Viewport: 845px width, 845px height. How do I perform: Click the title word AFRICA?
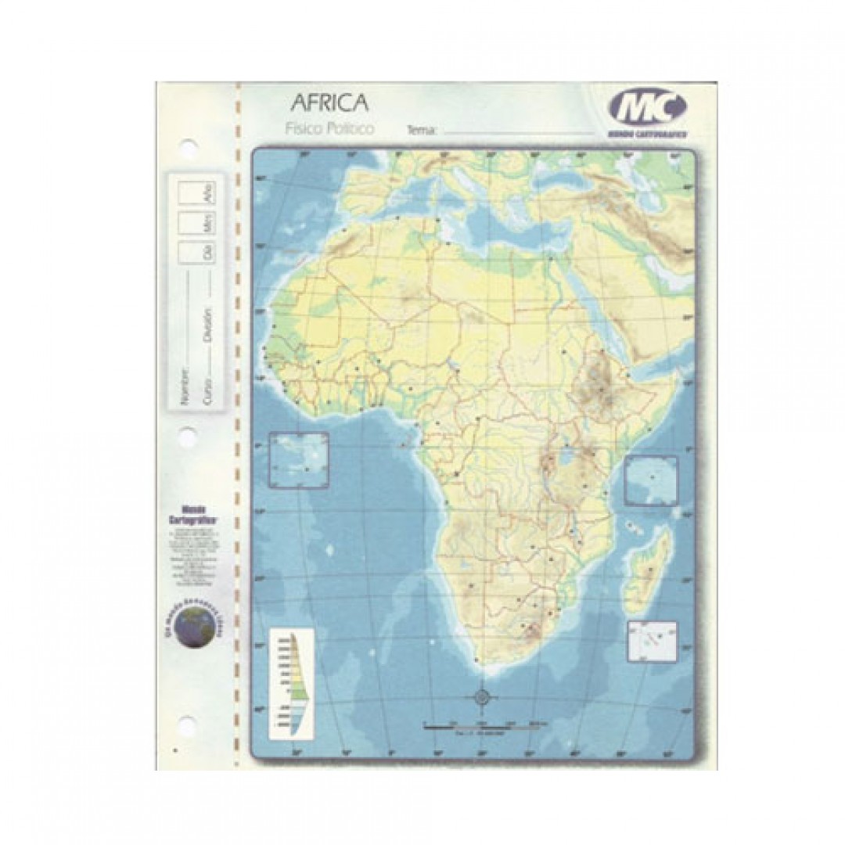pos(329,102)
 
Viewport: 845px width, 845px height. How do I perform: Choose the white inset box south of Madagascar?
pos(652,642)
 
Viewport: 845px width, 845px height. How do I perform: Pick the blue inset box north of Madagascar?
pos(651,480)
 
